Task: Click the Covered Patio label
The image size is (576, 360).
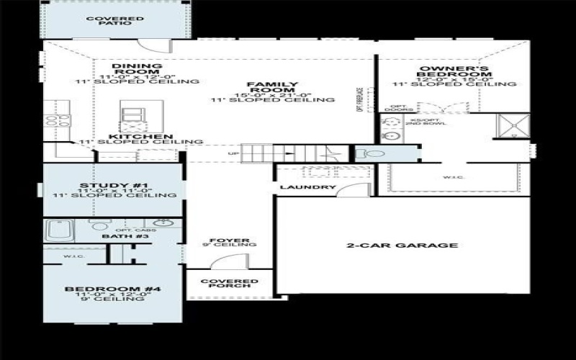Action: [114, 20]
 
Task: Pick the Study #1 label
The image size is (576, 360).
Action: [114, 185]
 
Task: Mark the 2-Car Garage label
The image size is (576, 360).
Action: [402, 246]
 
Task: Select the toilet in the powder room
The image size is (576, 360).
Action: [366, 153]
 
